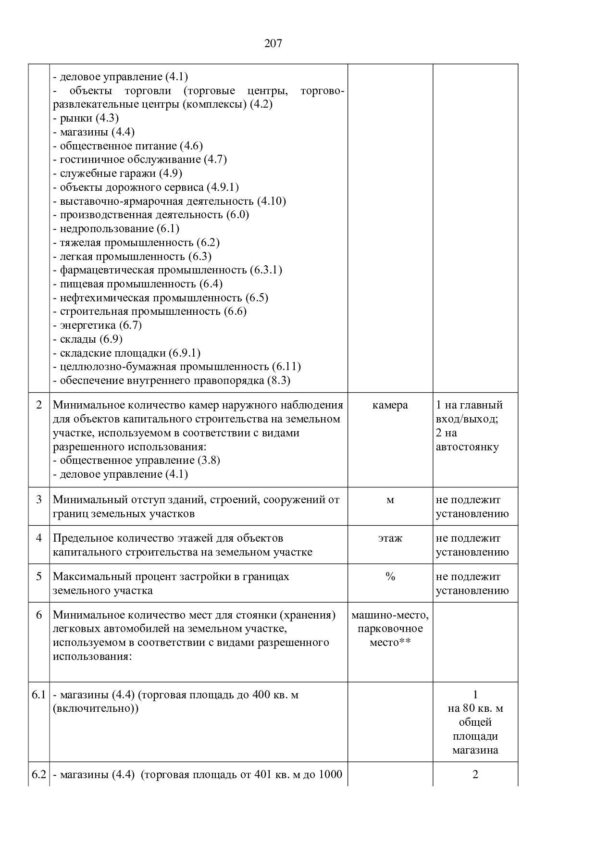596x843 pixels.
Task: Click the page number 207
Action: (x=273, y=44)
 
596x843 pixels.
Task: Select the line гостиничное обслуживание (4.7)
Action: (x=140, y=160)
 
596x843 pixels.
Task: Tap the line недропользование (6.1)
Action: (x=116, y=229)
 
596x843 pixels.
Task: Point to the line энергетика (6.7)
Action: (x=98, y=325)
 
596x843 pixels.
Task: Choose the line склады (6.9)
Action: (x=87, y=339)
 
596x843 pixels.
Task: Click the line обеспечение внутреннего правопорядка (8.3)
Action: (x=172, y=381)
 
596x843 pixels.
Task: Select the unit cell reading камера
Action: (x=390, y=405)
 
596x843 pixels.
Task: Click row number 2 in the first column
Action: (x=39, y=405)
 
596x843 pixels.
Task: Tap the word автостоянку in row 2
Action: (x=467, y=447)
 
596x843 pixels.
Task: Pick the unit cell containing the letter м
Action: (x=390, y=500)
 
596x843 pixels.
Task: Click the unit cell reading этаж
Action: (x=390, y=538)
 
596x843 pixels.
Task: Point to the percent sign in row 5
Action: (x=390, y=577)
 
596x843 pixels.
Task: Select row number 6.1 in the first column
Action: (x=38, y=694)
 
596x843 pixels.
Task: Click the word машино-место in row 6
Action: (x=390, y=615)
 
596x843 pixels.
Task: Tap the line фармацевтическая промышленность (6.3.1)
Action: (x=168, y=270)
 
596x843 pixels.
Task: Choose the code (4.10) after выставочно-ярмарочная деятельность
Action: (x=272, y=201)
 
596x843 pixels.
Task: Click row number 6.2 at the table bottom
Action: (x=38, y=774)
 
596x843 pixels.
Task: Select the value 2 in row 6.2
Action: (x=475, y=774)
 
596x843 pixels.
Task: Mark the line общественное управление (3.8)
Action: (x=137, y=460)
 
